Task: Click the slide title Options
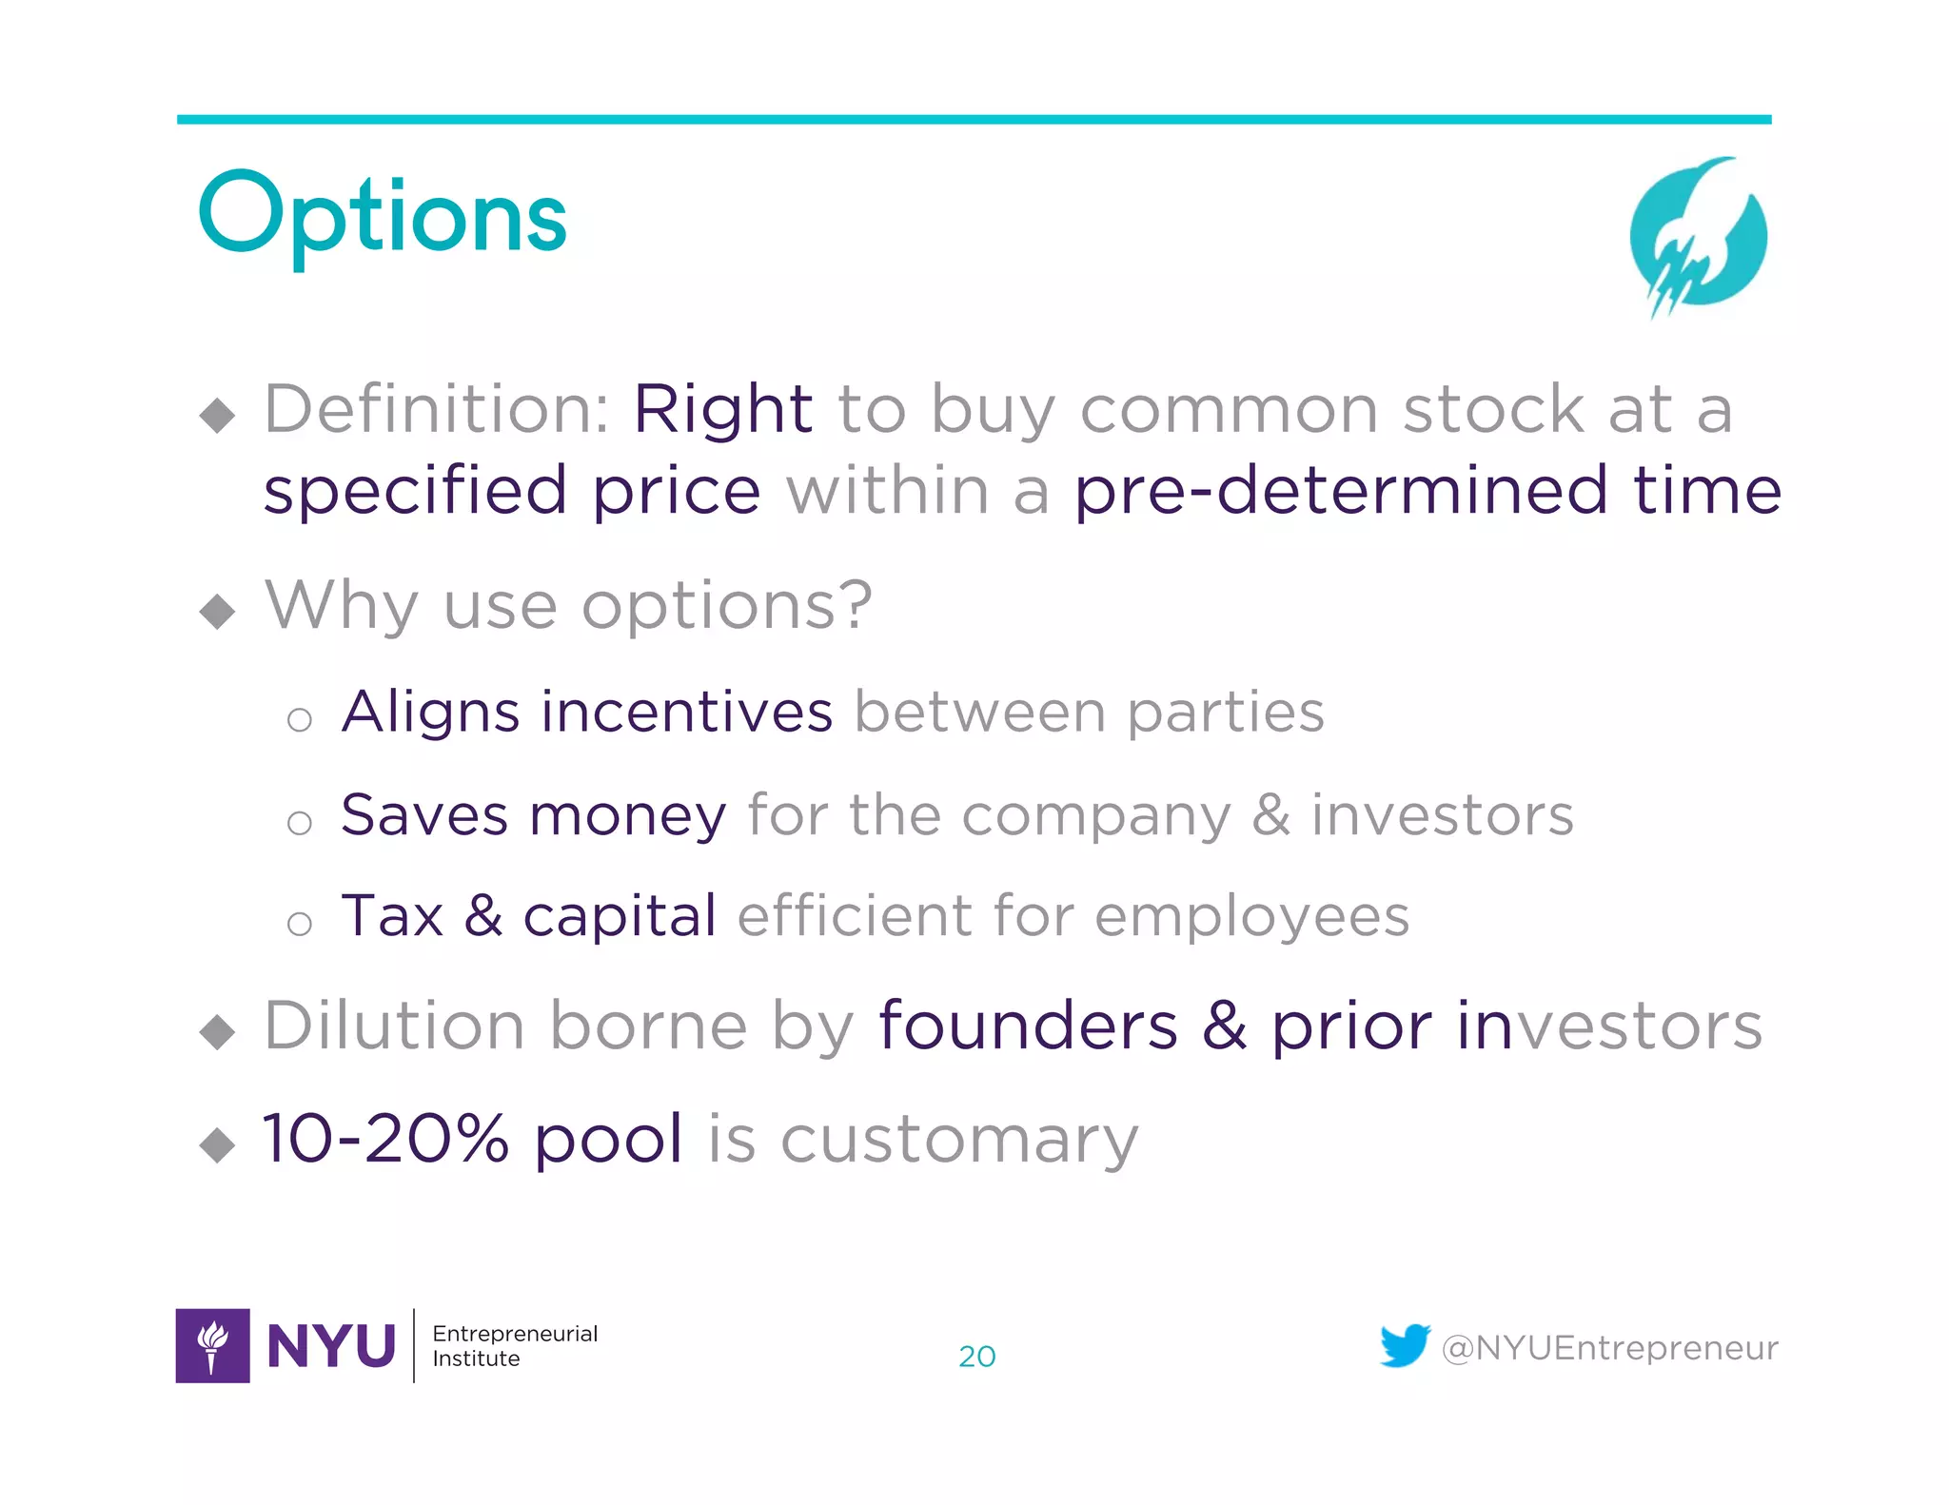coord(383,217)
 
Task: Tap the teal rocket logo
coord(1698,236)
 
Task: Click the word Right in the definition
coord(722,410)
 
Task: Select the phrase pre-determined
coord(1340,491)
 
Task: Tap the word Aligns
coord(430,713)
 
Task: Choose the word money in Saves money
coord(627,816)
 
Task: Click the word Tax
coord(392,916)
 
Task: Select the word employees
coord(1251,918)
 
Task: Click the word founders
coord(1028,1026)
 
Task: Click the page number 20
coord(976,1356)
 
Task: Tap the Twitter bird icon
coord(1405,1345)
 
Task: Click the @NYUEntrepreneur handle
coord(1609,1348)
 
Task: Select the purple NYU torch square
coord(212,1345)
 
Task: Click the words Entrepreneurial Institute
coord(514,1345)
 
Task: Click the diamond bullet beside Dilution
coord(218,1032)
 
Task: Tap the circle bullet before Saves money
coord(300,822)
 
